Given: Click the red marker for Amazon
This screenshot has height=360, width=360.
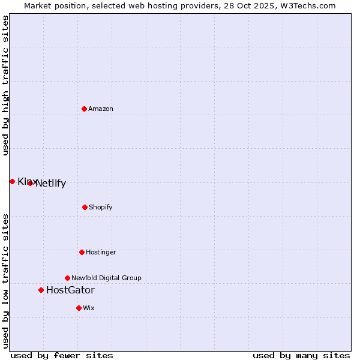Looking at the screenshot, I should [x=85, y=109].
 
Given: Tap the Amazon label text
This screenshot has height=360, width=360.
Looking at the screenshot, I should [x=101, y=109].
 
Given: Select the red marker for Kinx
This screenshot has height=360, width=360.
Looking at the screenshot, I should [x=12, y=181].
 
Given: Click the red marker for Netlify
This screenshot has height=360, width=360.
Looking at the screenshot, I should [x=30, y=183].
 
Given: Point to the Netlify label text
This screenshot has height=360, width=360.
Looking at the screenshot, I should [x=51, y=184].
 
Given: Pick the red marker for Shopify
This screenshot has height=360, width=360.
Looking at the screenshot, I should [x=85, y=207].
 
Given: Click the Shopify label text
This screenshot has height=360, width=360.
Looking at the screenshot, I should [x=101, y=207].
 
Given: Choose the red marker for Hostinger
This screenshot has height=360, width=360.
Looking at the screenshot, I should [x=82, y=252].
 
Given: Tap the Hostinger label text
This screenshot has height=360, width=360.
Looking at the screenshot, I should [x=101, y=252].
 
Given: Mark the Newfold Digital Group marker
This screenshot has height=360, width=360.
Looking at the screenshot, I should [x=67, y=278].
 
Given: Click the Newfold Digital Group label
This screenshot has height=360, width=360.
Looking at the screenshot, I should [x=107, y=278].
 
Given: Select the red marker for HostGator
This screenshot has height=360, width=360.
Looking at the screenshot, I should [x=41, y=290].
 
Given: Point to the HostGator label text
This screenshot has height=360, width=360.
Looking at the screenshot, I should [x=70, y=290].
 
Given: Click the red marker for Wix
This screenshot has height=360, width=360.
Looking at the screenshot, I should [x=79, y=308].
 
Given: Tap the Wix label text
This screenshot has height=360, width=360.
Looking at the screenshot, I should [x=89, y=308].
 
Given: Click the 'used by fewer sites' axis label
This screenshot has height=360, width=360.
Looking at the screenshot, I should [x=62, y=355].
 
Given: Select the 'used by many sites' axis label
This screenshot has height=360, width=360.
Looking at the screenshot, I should [x=301, y=355].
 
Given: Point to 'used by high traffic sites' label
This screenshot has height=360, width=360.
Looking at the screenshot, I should [x=6, y=86].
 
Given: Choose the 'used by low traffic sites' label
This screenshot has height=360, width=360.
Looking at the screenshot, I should [x=6, y=280].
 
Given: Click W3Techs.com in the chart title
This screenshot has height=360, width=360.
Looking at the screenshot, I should [x=307, y=5].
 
